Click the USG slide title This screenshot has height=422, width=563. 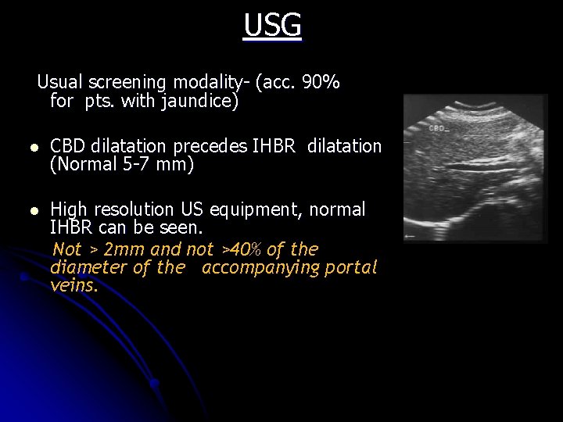click(272, 26)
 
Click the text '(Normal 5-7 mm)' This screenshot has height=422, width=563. click(121, 165)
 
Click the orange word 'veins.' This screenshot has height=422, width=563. click(74, 286)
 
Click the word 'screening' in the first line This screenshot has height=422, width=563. click(128, 82)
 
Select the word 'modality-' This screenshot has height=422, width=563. click(210, 82)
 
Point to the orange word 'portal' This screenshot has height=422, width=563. click(351, 268)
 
